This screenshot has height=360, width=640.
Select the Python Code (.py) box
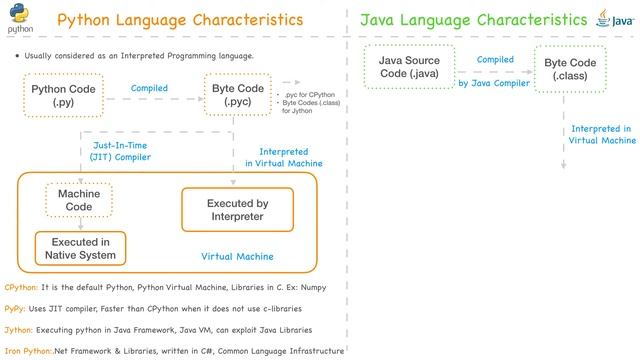(x=64, y=96)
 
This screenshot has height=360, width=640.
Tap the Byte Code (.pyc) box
(x=238, y=96)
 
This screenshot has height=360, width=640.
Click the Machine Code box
(x=79, y=200)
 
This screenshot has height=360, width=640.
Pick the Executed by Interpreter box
(x=237, y=210)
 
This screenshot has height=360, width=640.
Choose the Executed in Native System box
(x=82, y=248)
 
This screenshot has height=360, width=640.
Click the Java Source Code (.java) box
(x=409, y=67)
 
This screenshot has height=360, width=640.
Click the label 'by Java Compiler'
(x=494, y=83)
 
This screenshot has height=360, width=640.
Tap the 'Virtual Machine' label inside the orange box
(x=237, y=256)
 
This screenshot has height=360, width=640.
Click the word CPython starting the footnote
(x=21, y=287)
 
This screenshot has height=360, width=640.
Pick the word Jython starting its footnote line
(x=19, y=330)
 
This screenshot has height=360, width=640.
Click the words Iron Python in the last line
(x=25, y=351)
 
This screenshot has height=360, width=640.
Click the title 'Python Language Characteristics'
(x=180, y=20)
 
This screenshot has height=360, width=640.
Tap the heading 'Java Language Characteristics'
(x=473, y=20)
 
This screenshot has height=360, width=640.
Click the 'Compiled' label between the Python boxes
(x=149, y=89)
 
